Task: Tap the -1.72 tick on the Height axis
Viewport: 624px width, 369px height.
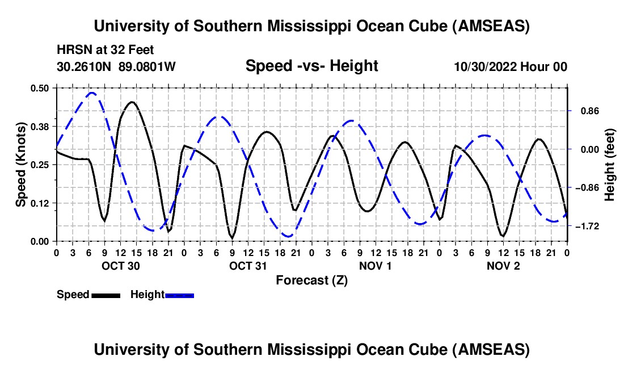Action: click(x=587, y=227)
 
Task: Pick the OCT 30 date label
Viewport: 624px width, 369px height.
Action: click(x=120, y=266)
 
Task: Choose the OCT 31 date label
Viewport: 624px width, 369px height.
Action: click(x=248, y=266)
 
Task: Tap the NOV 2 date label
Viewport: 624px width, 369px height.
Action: click(x=504, y=266)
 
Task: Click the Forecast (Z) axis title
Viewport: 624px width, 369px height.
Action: click(x=311, y=280)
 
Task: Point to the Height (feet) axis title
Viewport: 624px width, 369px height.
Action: click(x=610, y=165)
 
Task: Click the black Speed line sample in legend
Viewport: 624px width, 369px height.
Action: click(x=106, y=295)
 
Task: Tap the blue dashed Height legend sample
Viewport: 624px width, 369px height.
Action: click(x=179, y=295)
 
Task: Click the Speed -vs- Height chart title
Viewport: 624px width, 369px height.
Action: click(x=311, y=66)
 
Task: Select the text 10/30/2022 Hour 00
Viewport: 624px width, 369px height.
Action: click(x=511, y=66)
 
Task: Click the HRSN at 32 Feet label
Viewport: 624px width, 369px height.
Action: click(x=106, y=51)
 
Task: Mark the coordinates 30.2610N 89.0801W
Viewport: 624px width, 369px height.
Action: click(x=117, y=66)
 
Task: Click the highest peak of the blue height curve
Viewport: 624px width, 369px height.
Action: click(x=92, y=93)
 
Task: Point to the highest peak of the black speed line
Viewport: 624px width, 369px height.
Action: click(x=132, y=102)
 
